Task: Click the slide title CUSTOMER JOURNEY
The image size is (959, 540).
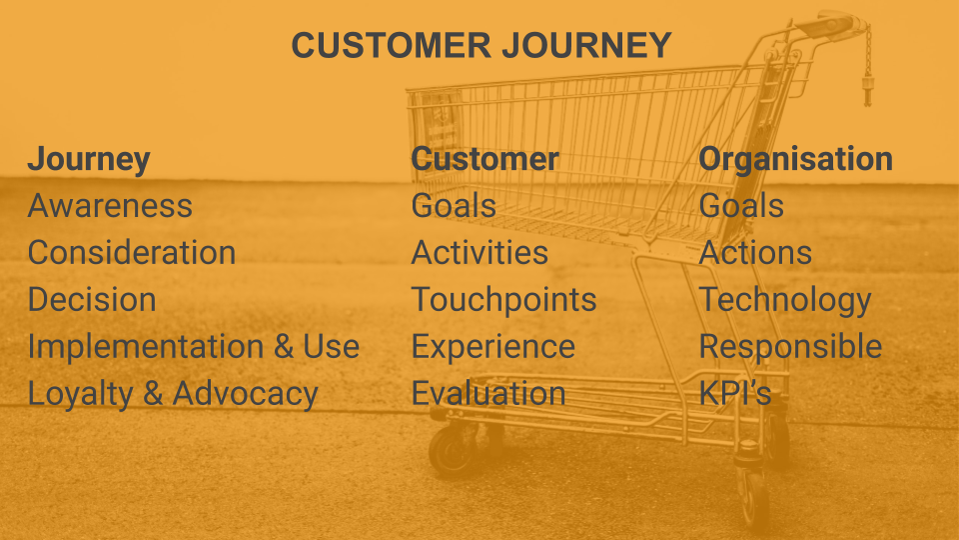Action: point(481,45)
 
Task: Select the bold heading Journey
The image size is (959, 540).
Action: point(89,159)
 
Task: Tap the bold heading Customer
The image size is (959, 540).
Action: point(485,159)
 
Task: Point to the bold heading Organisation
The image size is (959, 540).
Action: point(796,159)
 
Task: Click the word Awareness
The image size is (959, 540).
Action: point(110,206)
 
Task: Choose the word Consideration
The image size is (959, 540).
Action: point(132,252)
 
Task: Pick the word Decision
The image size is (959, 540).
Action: point(92,299)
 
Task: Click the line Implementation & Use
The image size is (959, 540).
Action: point(193,347)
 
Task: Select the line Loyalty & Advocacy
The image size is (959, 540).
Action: point(173,394)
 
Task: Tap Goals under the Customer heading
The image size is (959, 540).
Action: point(454,206)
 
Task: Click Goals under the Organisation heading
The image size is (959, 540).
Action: point(741,206)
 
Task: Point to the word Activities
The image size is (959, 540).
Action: point(479,252)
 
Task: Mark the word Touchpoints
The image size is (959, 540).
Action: point(503,300)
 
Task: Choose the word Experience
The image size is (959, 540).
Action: point(492,347)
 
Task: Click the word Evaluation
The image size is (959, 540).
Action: point(488,394)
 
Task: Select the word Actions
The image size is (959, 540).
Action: point(755,252)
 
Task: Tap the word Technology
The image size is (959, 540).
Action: point(785,300)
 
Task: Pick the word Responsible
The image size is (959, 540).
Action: point(791,347)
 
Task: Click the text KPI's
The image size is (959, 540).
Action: point(735,394)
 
